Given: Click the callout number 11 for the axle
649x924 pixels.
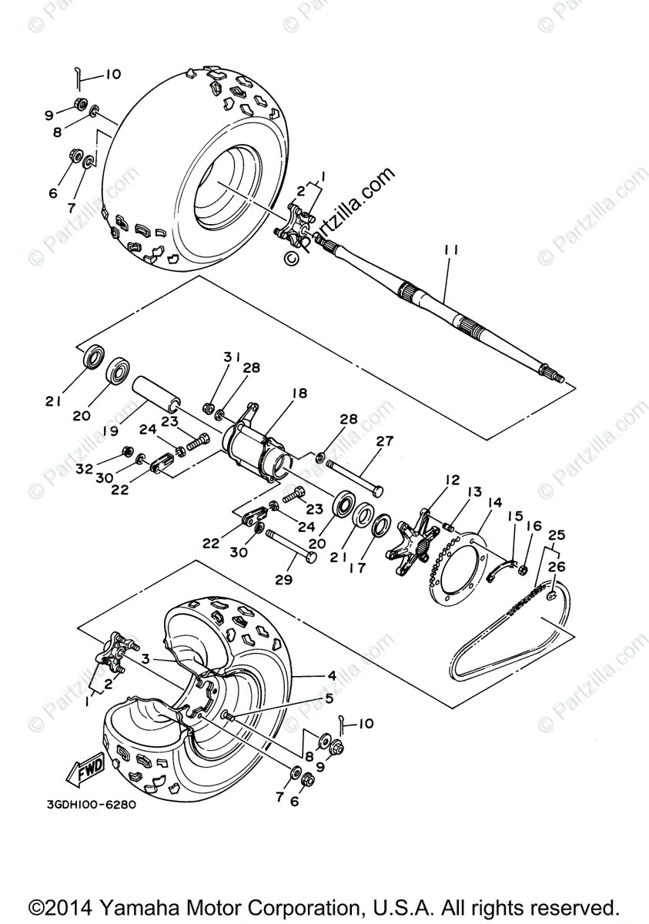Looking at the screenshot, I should [451, 250].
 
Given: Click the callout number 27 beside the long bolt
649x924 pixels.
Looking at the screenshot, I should [384, 442].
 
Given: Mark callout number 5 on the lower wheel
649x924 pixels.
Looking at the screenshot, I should [329, 699].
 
